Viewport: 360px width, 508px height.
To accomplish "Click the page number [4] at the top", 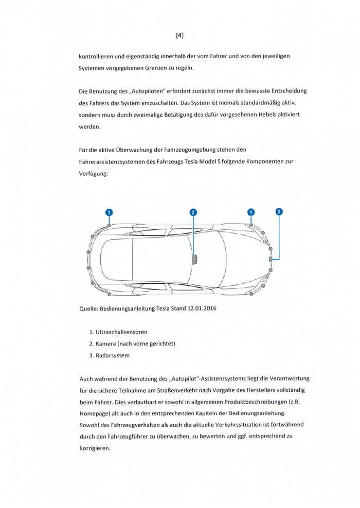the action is click(179, 35).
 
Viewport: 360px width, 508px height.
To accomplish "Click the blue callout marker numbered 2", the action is click(193, 212).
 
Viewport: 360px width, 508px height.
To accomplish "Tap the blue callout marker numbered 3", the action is click(279, 211).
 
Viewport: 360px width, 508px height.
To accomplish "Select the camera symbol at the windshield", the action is click(195, 260).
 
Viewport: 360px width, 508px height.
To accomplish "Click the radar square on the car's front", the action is click(271, 259).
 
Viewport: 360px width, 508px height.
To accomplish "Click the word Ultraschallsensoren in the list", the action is click(121, 332).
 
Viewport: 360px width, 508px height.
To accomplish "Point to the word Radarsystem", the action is click(113, 355).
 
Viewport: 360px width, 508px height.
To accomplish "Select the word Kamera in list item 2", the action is click(105, 344).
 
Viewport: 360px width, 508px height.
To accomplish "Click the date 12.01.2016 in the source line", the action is click(202, 308).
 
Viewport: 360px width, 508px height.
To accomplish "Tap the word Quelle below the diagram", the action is click(88, 309).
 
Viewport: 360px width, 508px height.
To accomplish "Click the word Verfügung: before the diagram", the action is click(93, 174).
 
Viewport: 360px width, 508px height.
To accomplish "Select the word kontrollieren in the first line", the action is click(96, 56).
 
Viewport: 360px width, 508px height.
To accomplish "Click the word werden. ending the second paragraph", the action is click(90, 126).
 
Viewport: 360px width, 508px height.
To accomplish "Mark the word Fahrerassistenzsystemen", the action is click(112, 161).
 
